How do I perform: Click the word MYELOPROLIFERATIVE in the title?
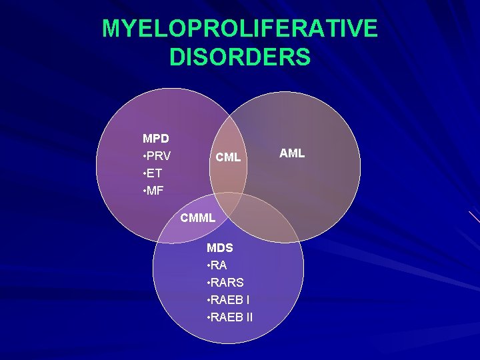(240, 29)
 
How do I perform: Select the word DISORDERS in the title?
(240, 57)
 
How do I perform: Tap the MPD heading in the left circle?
(156, 139)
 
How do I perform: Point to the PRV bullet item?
(159, 156)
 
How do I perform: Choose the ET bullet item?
(155, 173)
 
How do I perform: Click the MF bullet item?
(155, 191)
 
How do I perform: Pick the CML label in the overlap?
(227, 158)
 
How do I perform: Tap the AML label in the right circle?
(292, 153)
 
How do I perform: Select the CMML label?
(198, 217)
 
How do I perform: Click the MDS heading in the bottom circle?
(220, 248)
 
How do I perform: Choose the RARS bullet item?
(227, 283)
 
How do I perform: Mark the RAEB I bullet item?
(229, 300)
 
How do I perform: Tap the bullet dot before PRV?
(145, 157)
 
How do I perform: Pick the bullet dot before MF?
(145, 191)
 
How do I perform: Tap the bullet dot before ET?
(145, 174)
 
